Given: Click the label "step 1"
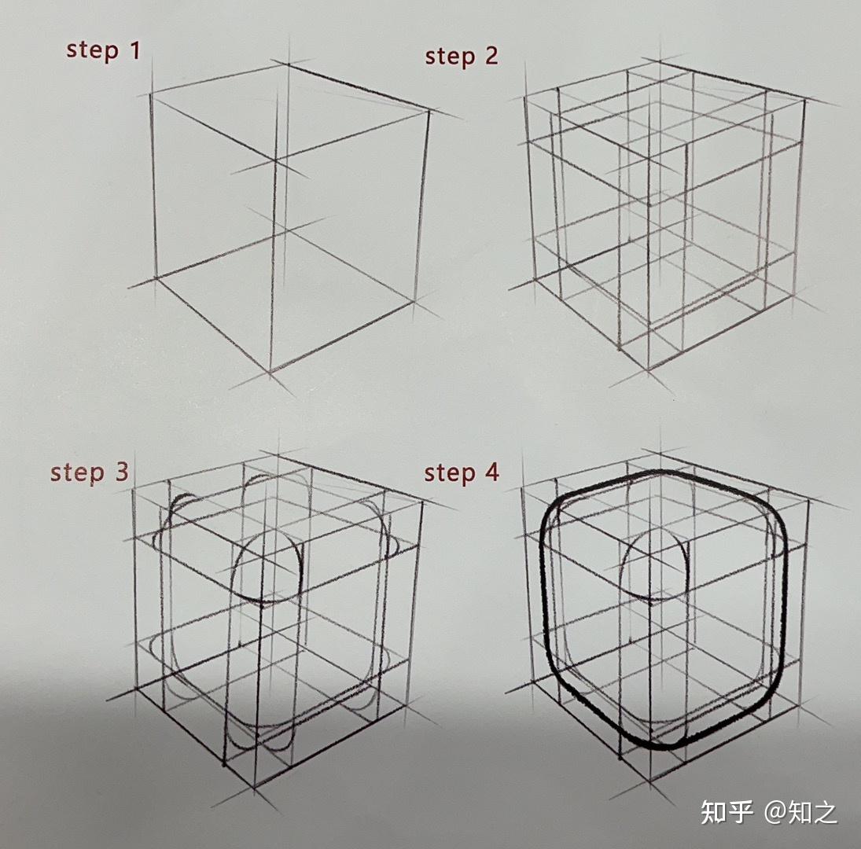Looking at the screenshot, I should (x=103, y=51).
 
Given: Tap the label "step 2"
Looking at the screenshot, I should (x=462, y=57).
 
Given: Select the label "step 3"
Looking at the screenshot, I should (x=90, y=472).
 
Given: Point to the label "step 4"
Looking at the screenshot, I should (x=462, y=473).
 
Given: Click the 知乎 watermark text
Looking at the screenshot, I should (x=727, y=811).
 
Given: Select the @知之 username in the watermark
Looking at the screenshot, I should (x=801, y=811).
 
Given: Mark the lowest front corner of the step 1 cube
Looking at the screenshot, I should (x=270, y=371).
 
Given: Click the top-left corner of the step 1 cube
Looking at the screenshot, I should (x=152, y=94).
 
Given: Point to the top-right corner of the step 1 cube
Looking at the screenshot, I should (x=429, y=112).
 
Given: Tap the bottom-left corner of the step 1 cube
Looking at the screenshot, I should (x=156, y=277).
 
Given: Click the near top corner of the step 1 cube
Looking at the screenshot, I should (x=275, y=162).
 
